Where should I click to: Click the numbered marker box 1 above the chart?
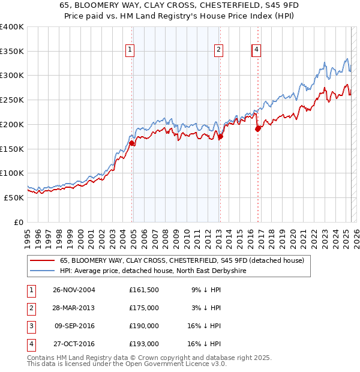pos(130,50)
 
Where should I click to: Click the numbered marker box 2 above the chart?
pos(219,50)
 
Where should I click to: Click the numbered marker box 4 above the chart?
pos(256,50)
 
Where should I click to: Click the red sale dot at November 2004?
pos(132,143)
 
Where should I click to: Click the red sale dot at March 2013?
pos(220,136)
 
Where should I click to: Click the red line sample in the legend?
pos(42,260)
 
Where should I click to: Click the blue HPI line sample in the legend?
pos(42,271)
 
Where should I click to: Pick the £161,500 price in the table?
pos(144,290)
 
